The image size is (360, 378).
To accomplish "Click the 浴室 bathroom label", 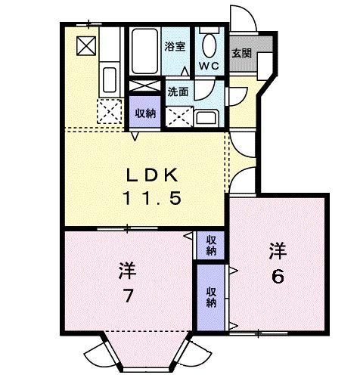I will pos(175,47).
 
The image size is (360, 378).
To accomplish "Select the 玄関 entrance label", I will pos(241,54).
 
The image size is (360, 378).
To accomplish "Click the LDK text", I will pos(151,175).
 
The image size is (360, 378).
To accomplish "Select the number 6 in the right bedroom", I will pos(279,276).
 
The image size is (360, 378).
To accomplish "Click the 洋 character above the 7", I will pos(126,269).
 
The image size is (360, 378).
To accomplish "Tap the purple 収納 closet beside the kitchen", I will pos(144,113).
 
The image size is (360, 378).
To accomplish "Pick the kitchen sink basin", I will pos(108,77).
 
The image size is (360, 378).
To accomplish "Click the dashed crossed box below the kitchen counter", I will pos(110,112).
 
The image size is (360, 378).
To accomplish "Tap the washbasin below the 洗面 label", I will pos(205,117).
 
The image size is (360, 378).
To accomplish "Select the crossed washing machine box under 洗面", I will pos(179,116).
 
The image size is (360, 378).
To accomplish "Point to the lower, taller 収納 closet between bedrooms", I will pos(210,295).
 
